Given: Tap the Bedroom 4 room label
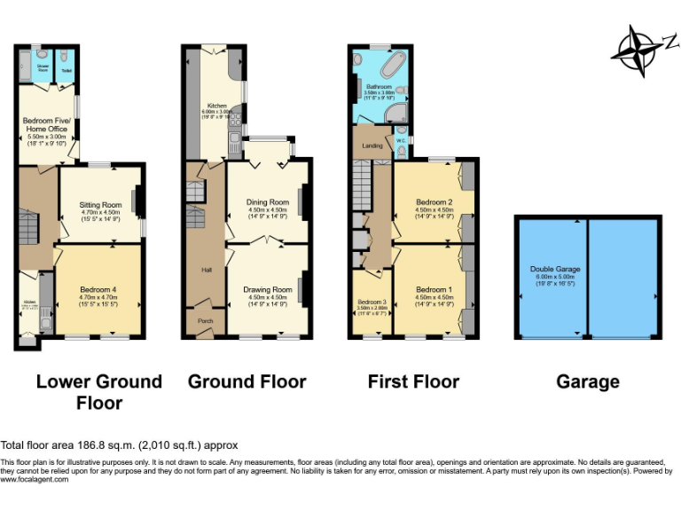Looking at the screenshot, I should [x=99, y=290].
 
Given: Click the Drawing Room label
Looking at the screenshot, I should [x=267, y=290].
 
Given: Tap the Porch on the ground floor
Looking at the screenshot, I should [x=204, y=321].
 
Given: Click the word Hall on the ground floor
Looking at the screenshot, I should [x=206, y=270].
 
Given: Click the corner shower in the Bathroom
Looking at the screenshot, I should [x=399, y=112].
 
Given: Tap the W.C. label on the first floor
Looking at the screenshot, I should [x=401, y=139].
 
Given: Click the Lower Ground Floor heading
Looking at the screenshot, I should [x=98, y=392].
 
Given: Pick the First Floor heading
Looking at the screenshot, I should [x=413, y=381].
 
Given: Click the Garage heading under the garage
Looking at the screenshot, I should [x=587, y=381].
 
